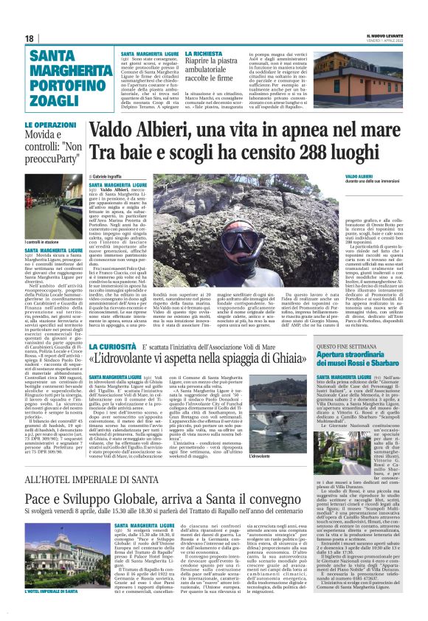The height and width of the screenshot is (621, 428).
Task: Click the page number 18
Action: (x=29, y=38)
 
